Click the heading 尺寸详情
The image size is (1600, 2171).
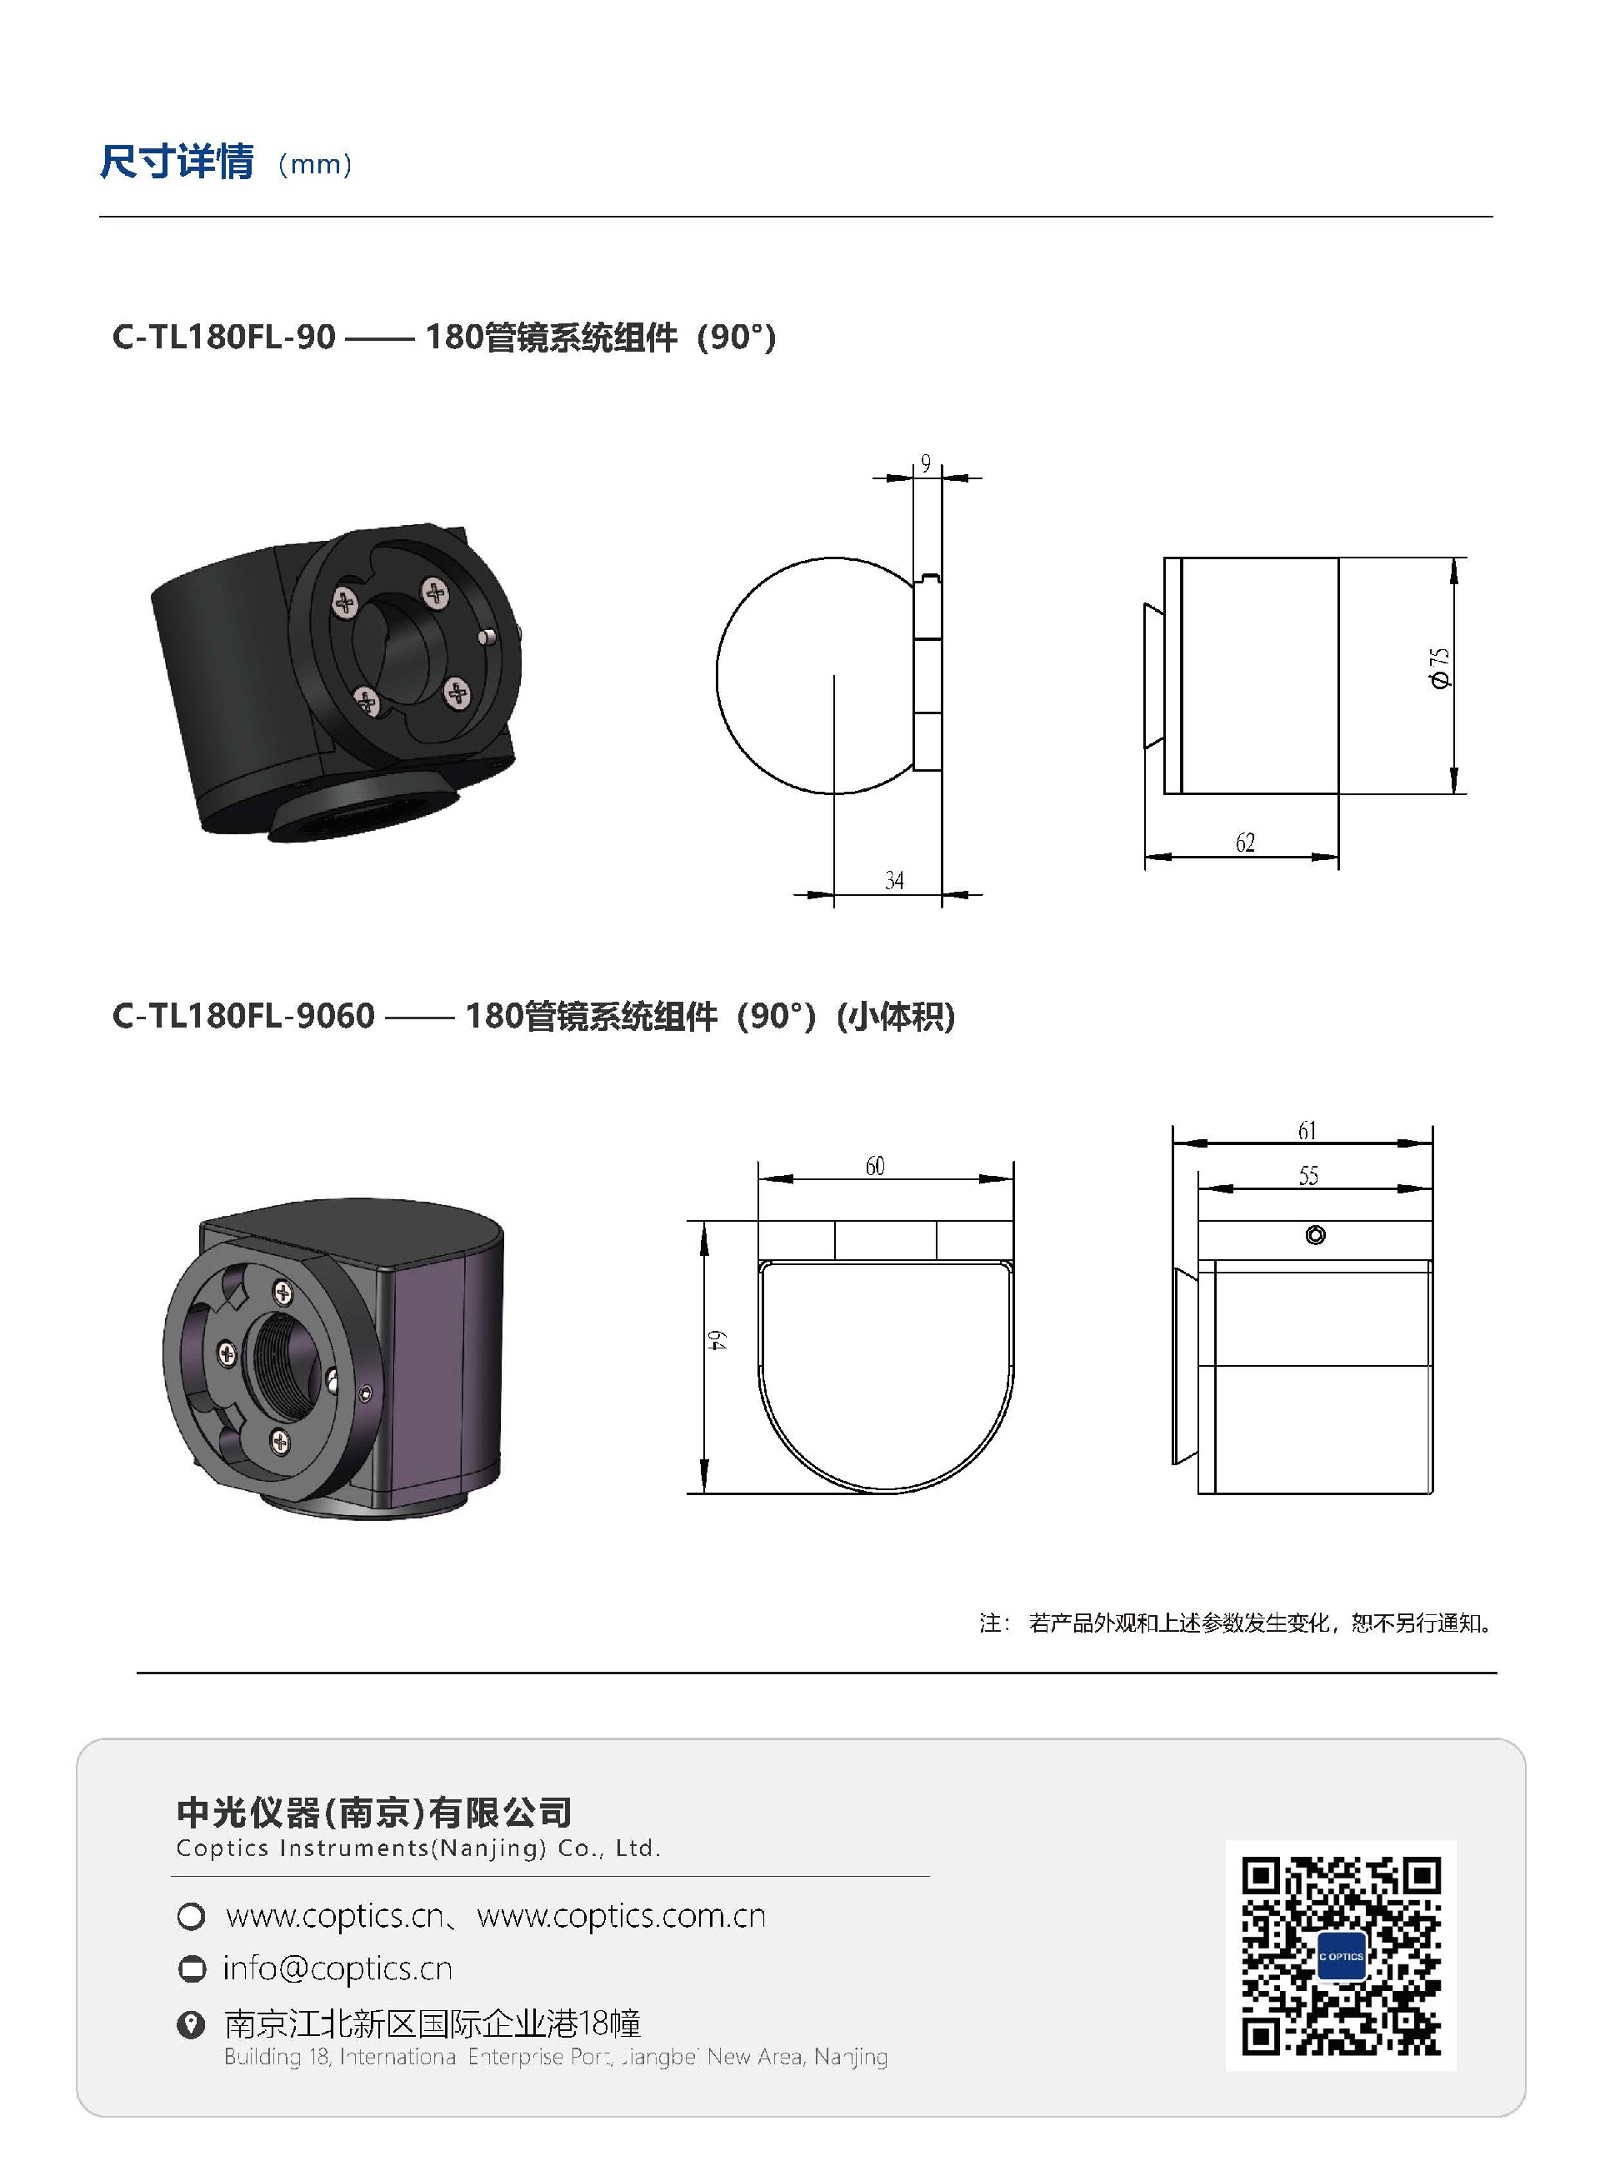177,162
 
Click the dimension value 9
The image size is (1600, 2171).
925,464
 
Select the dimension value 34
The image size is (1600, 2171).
894,880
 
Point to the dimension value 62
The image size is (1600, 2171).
1244,843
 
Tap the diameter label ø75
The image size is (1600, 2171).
1440,668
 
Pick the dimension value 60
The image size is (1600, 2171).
874,1166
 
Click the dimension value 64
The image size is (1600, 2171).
716,1341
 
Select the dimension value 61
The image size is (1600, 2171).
1307,1130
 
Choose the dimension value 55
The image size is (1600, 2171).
1307,1176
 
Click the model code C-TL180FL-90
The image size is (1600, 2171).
223,337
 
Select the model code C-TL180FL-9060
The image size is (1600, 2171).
243,1016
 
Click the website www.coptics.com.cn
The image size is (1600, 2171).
621,1916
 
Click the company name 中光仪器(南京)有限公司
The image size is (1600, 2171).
374,1812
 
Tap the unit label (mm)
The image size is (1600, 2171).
315,165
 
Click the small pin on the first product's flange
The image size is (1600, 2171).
489,636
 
